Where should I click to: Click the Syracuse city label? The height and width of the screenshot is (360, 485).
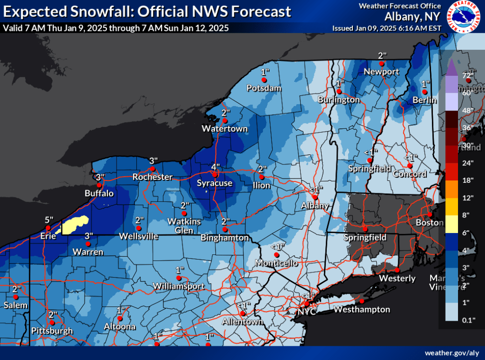(x=215, y=183)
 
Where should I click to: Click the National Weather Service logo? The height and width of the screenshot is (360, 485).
(x=464, y=17)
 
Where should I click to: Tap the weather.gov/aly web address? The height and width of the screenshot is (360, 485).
(x=452, y=353)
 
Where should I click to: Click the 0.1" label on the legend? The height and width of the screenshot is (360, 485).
(x=468, y=320)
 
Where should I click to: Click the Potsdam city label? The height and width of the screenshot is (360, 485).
(x=264, y=88)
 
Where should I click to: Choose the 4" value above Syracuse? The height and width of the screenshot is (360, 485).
(x=216, y=167)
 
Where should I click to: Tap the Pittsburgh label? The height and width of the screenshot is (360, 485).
(x=52, y=330)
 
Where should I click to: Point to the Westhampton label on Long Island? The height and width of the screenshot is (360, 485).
(x=362, y=309)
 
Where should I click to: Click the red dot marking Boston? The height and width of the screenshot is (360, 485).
(x=430, y=214)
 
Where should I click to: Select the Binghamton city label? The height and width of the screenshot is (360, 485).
(x=225, y=237)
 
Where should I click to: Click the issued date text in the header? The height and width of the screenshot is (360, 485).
(x=387, y=28)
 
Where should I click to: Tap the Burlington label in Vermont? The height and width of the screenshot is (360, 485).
(x=339, y=99)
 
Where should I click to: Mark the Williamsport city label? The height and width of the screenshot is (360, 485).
(x=179, y=286)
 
